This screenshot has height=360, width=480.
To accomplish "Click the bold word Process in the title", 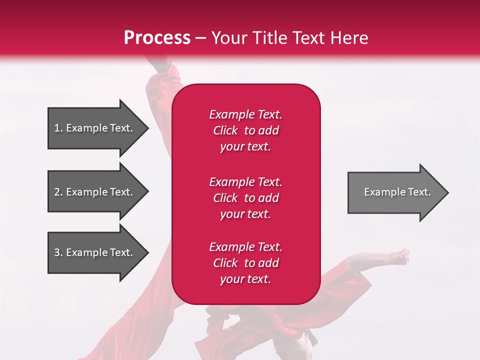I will coord(157,38).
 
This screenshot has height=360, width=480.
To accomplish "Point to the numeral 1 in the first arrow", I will coord(57,128).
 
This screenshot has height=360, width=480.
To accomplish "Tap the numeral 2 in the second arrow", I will coord(57,192).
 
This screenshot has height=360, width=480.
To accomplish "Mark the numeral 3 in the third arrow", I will coord(57,252).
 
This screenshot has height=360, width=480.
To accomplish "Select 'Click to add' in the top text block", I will coord(245,130).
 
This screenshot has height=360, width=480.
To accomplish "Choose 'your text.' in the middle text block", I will coord(245,214).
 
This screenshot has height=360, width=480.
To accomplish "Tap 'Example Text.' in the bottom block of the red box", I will coord(245,247).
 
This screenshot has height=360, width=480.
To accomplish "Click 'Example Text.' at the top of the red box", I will coord(245,114).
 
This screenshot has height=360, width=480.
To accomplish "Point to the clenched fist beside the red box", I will coord(400,257).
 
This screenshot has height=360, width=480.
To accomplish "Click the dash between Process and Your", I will coord(201,38).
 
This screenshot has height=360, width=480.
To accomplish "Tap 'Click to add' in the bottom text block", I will coord(245,263).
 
